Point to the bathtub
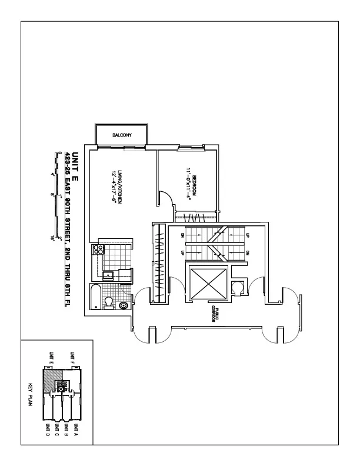pos(95,297)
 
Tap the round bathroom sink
pos(123,305)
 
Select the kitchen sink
pos(109,275)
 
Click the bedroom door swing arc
pos(166,199)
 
